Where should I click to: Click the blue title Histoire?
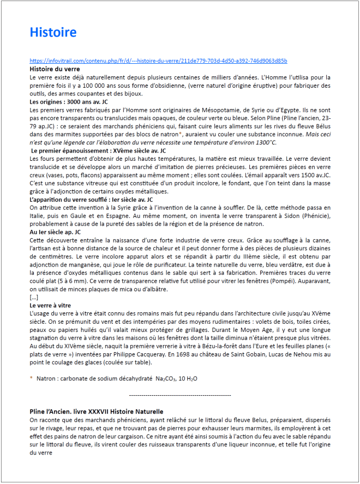(x=53, y=33)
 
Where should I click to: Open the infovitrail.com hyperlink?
(x=158, y=60)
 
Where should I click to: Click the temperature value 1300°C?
(x=265, y=142)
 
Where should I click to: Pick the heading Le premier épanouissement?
(x=98, y=150)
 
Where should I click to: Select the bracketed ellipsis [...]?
(x=34, y=298)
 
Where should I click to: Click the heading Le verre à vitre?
(x=50, y=306)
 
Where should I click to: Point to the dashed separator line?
(x=180, y=395)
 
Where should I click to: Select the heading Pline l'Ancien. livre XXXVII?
(x=97, y=411)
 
